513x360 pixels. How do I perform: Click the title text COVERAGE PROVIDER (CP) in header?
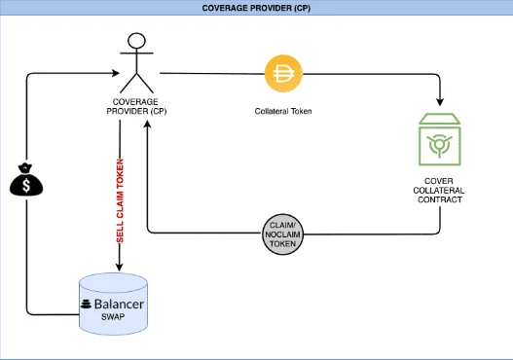tap(256, 8)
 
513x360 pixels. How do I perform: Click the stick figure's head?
tap(137, 42)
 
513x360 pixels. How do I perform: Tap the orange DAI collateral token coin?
tap(284, 73)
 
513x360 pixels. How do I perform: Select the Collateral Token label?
tap(284, 111)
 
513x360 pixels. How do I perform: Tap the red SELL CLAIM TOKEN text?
tap(120, 199)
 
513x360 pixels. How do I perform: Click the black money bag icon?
tap(27, 182)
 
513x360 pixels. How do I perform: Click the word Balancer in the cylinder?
tap(120, 304)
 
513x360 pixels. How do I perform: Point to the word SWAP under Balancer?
tap(112, 318)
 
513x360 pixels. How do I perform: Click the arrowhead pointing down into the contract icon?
tap(440, 103)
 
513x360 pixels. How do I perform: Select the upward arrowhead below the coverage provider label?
tap(147, 127)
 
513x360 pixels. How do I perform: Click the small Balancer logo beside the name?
tap(86, 305)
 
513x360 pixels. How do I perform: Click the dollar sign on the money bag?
tap(27, 185)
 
